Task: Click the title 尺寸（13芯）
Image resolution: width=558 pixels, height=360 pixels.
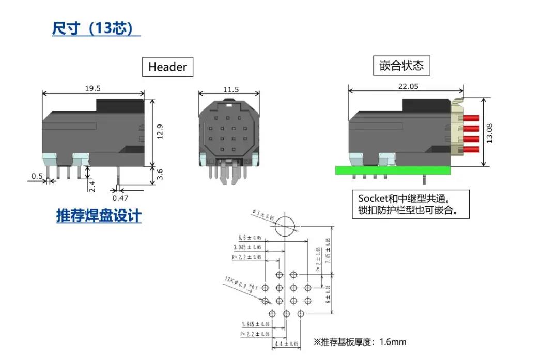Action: (x=96, y=28)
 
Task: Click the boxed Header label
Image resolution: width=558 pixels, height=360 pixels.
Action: (x=167, y=67)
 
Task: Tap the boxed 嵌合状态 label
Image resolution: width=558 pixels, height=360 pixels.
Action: (x=401, y=66)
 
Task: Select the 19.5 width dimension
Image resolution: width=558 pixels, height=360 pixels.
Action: (x=93, y=88)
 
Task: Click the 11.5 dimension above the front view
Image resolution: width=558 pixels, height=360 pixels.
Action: (x=231, y=90)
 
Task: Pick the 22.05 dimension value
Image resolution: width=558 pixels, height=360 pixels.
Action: (x=408, y=86)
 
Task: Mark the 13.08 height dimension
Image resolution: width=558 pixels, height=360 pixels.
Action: (x=490, y=132)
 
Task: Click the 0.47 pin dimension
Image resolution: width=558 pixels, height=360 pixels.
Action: (x=120, y=197)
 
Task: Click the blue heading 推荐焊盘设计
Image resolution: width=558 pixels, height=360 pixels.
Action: (x=99, y=216)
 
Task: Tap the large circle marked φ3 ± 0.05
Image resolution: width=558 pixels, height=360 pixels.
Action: (x=284, y=226)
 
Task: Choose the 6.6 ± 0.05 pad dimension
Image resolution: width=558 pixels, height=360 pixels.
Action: (x=250, y=238)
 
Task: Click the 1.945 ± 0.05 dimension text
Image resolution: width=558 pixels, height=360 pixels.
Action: (x=256, y=324)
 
